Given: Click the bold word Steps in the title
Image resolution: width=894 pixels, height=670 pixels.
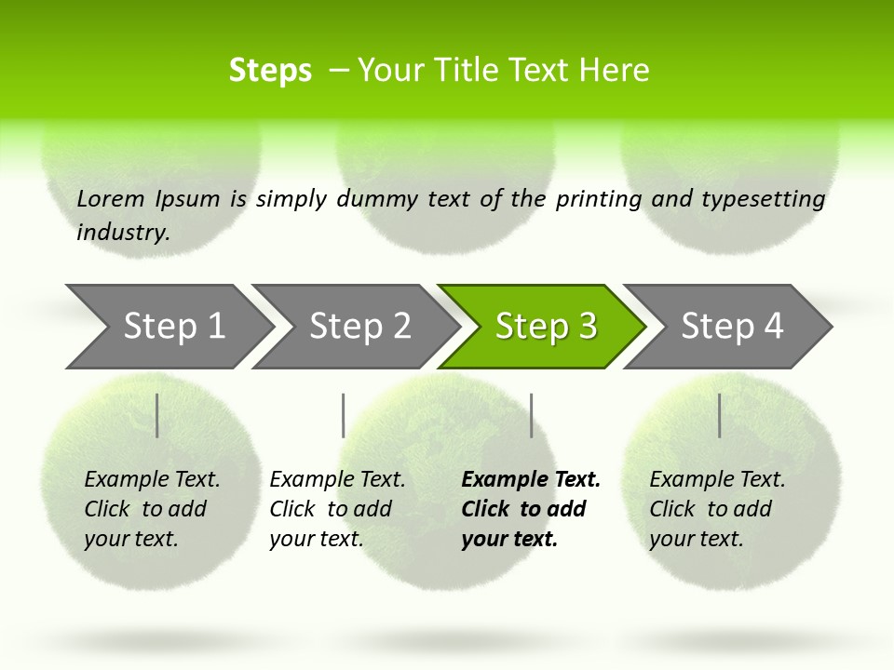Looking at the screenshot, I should (270, 71).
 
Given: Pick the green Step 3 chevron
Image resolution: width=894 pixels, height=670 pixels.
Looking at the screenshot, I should (544, 327).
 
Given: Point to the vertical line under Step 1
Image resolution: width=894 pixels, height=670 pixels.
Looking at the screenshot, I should (157, 415).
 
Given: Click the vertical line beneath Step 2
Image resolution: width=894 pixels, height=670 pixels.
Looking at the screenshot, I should (344, 415).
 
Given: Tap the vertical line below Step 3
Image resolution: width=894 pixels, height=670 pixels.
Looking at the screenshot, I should (532, 415).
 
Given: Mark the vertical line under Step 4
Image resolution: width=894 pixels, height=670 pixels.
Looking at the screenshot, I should (720, 415).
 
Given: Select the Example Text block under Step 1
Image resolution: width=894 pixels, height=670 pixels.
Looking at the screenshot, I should (151, 509).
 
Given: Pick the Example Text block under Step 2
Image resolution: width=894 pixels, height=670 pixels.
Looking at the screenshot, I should (336, 509).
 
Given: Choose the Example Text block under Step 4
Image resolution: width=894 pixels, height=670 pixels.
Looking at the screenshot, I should (716, 509).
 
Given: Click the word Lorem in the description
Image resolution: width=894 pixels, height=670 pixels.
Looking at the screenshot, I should (111, 199).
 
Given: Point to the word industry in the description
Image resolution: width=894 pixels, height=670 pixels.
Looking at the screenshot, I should (123, 233).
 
